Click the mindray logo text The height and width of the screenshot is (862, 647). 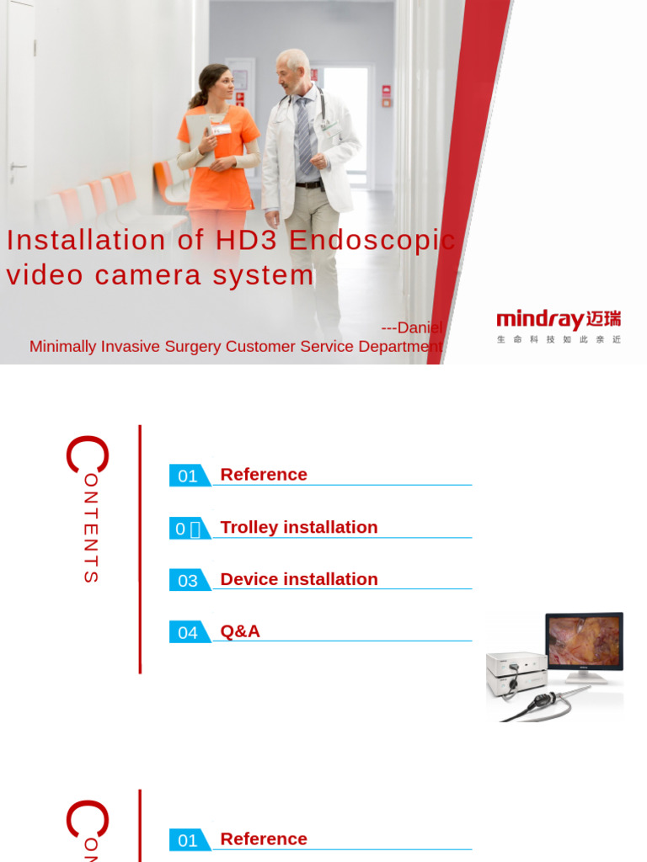tap(540, 320)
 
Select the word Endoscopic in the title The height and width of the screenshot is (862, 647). tap(372, 241)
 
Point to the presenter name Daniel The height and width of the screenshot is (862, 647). tap(419, 327)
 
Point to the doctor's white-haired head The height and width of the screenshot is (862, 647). tap(291, 67)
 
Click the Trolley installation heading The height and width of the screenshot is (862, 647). tap(298, 527)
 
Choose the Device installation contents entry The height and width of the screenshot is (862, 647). tap(298, 579)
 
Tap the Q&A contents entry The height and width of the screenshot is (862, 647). tap(240, 631)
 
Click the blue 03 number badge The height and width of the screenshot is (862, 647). tap(188, 580)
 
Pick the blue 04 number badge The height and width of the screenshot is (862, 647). tap(188, 632)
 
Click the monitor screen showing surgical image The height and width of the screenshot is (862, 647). tap(583, 642)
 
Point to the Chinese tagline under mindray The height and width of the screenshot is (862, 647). tap(559, 339)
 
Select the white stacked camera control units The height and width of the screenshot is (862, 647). tap(516, 673)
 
